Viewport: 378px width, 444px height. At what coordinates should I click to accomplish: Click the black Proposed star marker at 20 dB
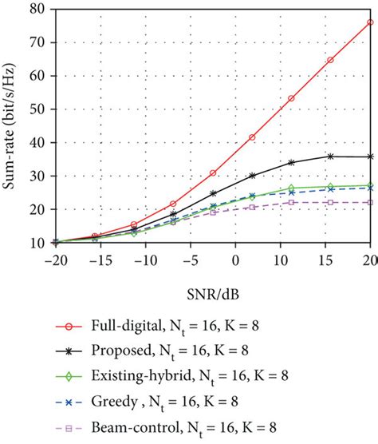[x=370, y=157]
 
